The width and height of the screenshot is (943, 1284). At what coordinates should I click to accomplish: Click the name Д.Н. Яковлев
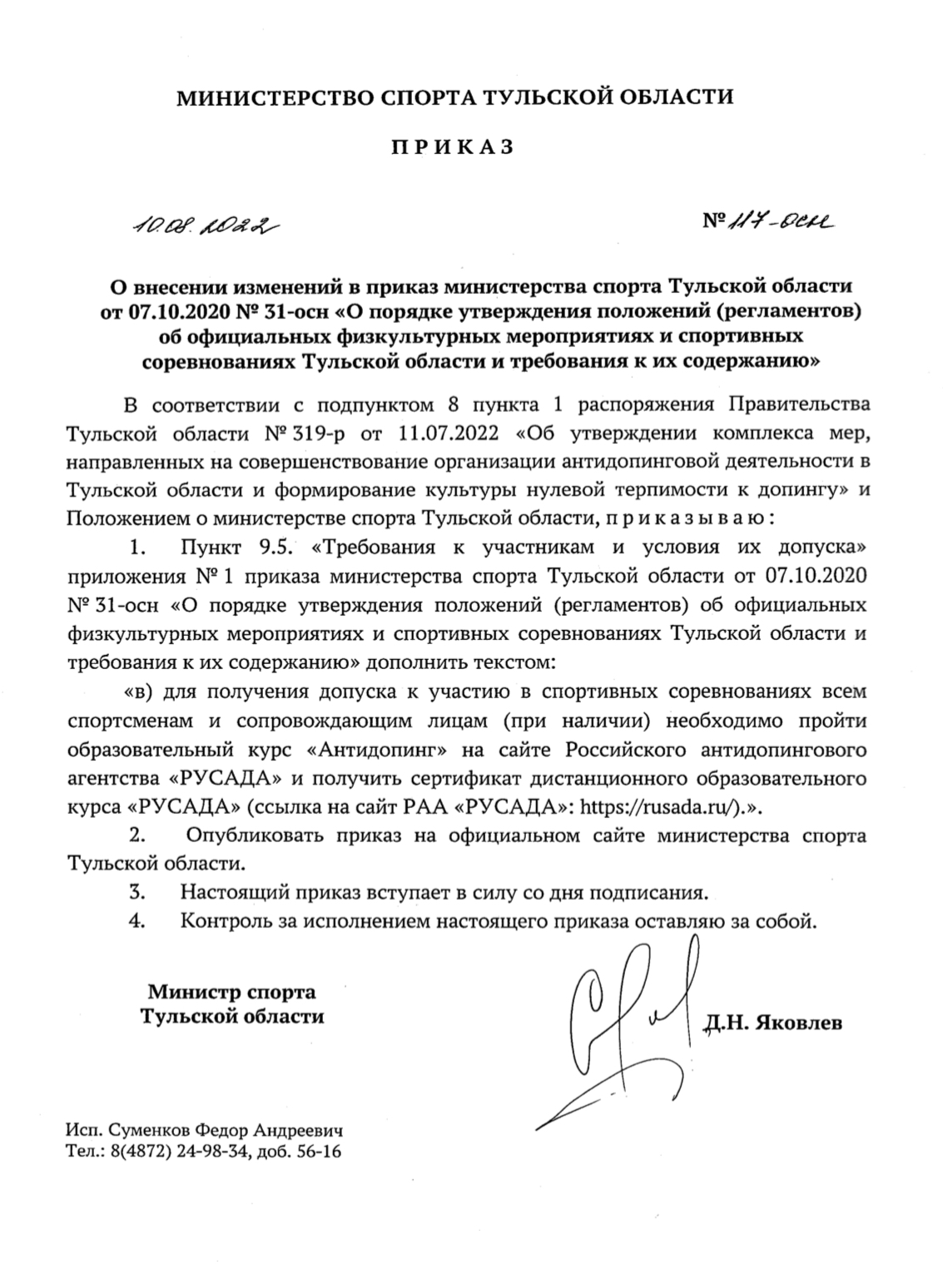(x=772, y=1022)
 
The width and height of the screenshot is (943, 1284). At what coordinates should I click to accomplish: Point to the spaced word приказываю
(x=685, y=518)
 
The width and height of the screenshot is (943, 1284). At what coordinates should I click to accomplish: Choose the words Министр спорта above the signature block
(x=231, y=991)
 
